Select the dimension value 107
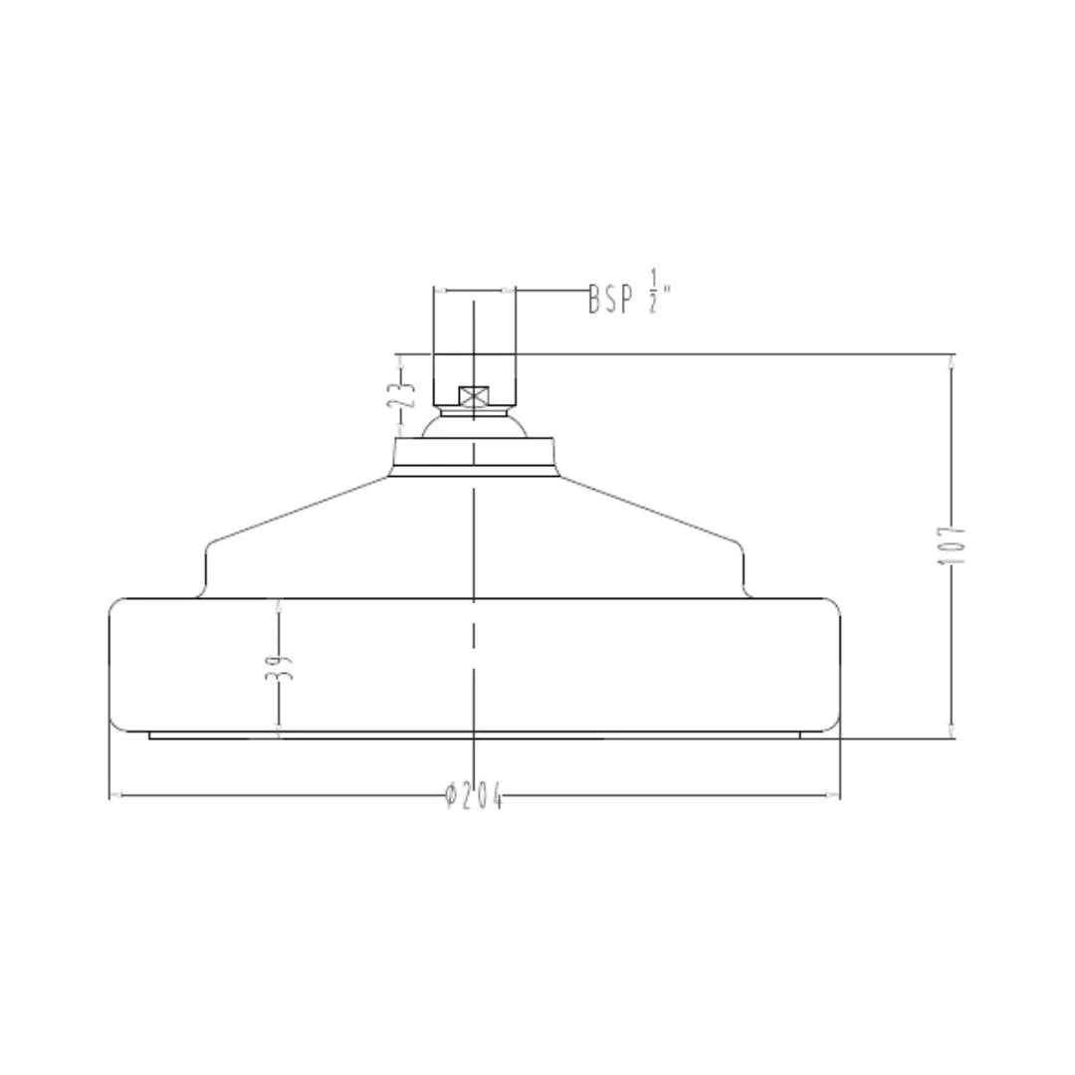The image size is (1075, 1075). point(951,545)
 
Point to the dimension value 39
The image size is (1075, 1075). point(279,666)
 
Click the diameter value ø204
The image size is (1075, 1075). point(473,795)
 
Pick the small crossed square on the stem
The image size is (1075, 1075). point(474,395)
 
